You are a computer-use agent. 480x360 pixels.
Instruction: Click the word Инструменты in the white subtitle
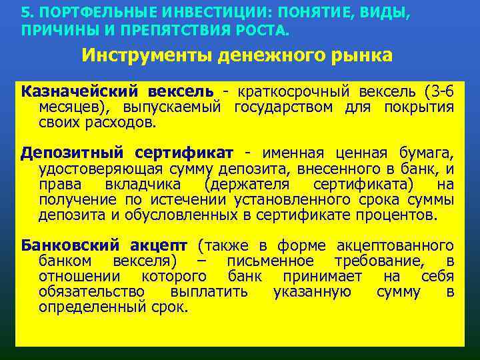148,55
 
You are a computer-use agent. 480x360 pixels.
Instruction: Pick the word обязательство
91,292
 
